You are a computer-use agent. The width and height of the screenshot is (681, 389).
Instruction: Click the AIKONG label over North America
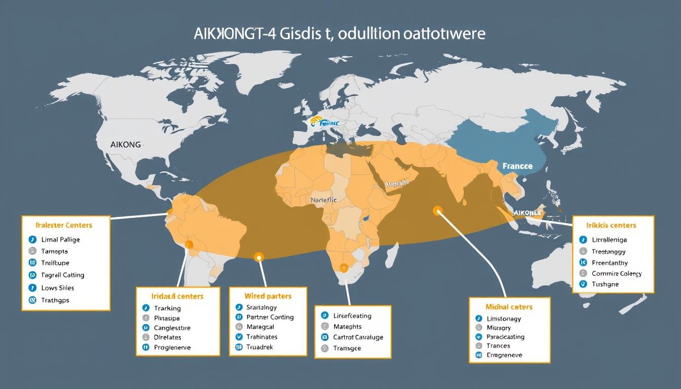point(126,144)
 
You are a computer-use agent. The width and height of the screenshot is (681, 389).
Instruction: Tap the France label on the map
point(517,166)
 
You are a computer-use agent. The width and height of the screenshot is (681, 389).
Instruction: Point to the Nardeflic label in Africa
point(323,200)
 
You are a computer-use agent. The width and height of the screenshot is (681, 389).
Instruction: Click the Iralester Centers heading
point(64,224)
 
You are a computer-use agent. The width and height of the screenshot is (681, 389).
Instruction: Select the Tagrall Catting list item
point(63,275)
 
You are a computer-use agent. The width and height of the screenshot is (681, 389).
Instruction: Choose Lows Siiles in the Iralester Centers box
point(58,288)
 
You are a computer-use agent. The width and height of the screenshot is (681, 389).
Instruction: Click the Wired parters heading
point(268,295)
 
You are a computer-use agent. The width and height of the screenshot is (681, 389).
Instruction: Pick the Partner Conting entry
point(270,317)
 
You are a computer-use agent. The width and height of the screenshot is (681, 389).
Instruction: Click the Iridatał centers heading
point(177,296)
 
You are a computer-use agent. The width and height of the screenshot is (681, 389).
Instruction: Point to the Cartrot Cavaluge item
point(358,337)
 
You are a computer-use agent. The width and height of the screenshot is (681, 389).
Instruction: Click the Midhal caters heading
point(509,307)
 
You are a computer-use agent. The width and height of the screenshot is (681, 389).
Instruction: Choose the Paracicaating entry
point(505,337)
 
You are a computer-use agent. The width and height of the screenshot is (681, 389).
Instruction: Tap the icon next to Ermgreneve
point(478,355)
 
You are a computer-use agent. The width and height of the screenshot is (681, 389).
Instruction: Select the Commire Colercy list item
point(617,274)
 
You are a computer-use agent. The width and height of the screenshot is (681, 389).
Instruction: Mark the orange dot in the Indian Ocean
point(437,210)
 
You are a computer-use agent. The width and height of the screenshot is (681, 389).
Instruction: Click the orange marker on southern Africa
point(345,267)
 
